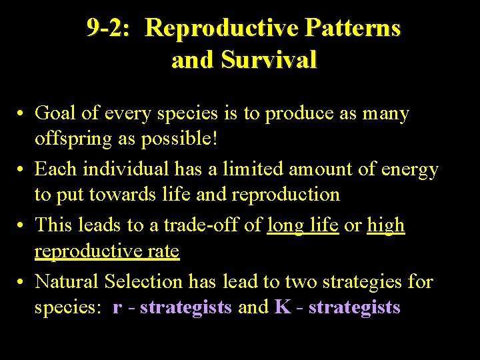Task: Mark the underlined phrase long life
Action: (x=303, y=225)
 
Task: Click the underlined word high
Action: (x=386, y=225)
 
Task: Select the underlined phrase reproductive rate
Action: (x=107, y=251)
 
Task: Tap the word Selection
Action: (x=143, y=281)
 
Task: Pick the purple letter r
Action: (x=117, y=307)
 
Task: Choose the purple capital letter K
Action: (x=281, y=307)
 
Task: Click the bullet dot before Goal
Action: (x=23, y=115)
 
